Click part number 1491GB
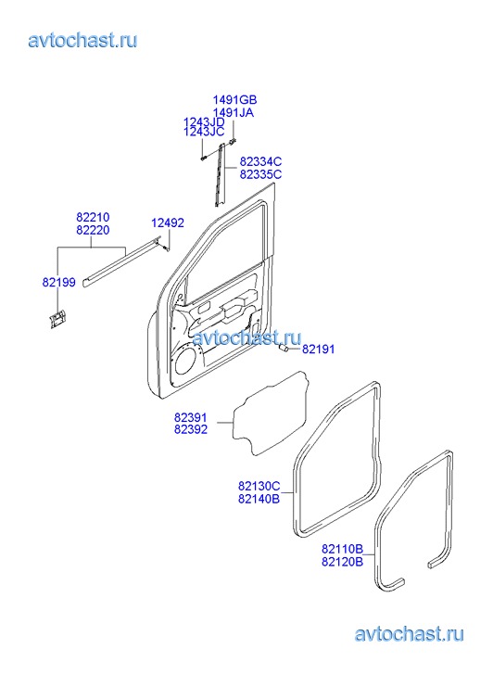[x=234, y=100]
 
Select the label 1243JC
[x=204, y=132]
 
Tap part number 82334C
[x=260, y=161]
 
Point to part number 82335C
[x=260, y=174]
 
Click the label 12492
[x=168, y=223]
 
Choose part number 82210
[x=93, y=217]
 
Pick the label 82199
[x=59, y=283]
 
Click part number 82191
[x=318, y=349]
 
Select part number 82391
[x=190, y=417]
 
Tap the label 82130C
[x=259, y=486]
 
